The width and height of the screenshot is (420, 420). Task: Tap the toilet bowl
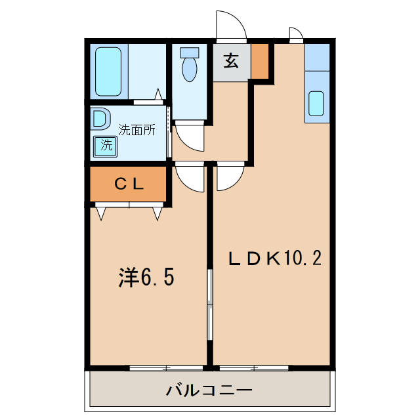190,66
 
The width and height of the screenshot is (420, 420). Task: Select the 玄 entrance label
230,62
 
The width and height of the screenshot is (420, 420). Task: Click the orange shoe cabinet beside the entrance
261,60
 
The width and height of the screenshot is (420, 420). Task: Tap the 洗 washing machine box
106,145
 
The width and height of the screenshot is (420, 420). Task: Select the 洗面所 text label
136,130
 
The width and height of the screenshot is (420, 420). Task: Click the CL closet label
129,184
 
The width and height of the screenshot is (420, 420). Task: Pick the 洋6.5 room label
146,278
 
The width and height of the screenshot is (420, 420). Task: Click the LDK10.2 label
274,258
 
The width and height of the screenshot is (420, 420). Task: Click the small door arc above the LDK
295,34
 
